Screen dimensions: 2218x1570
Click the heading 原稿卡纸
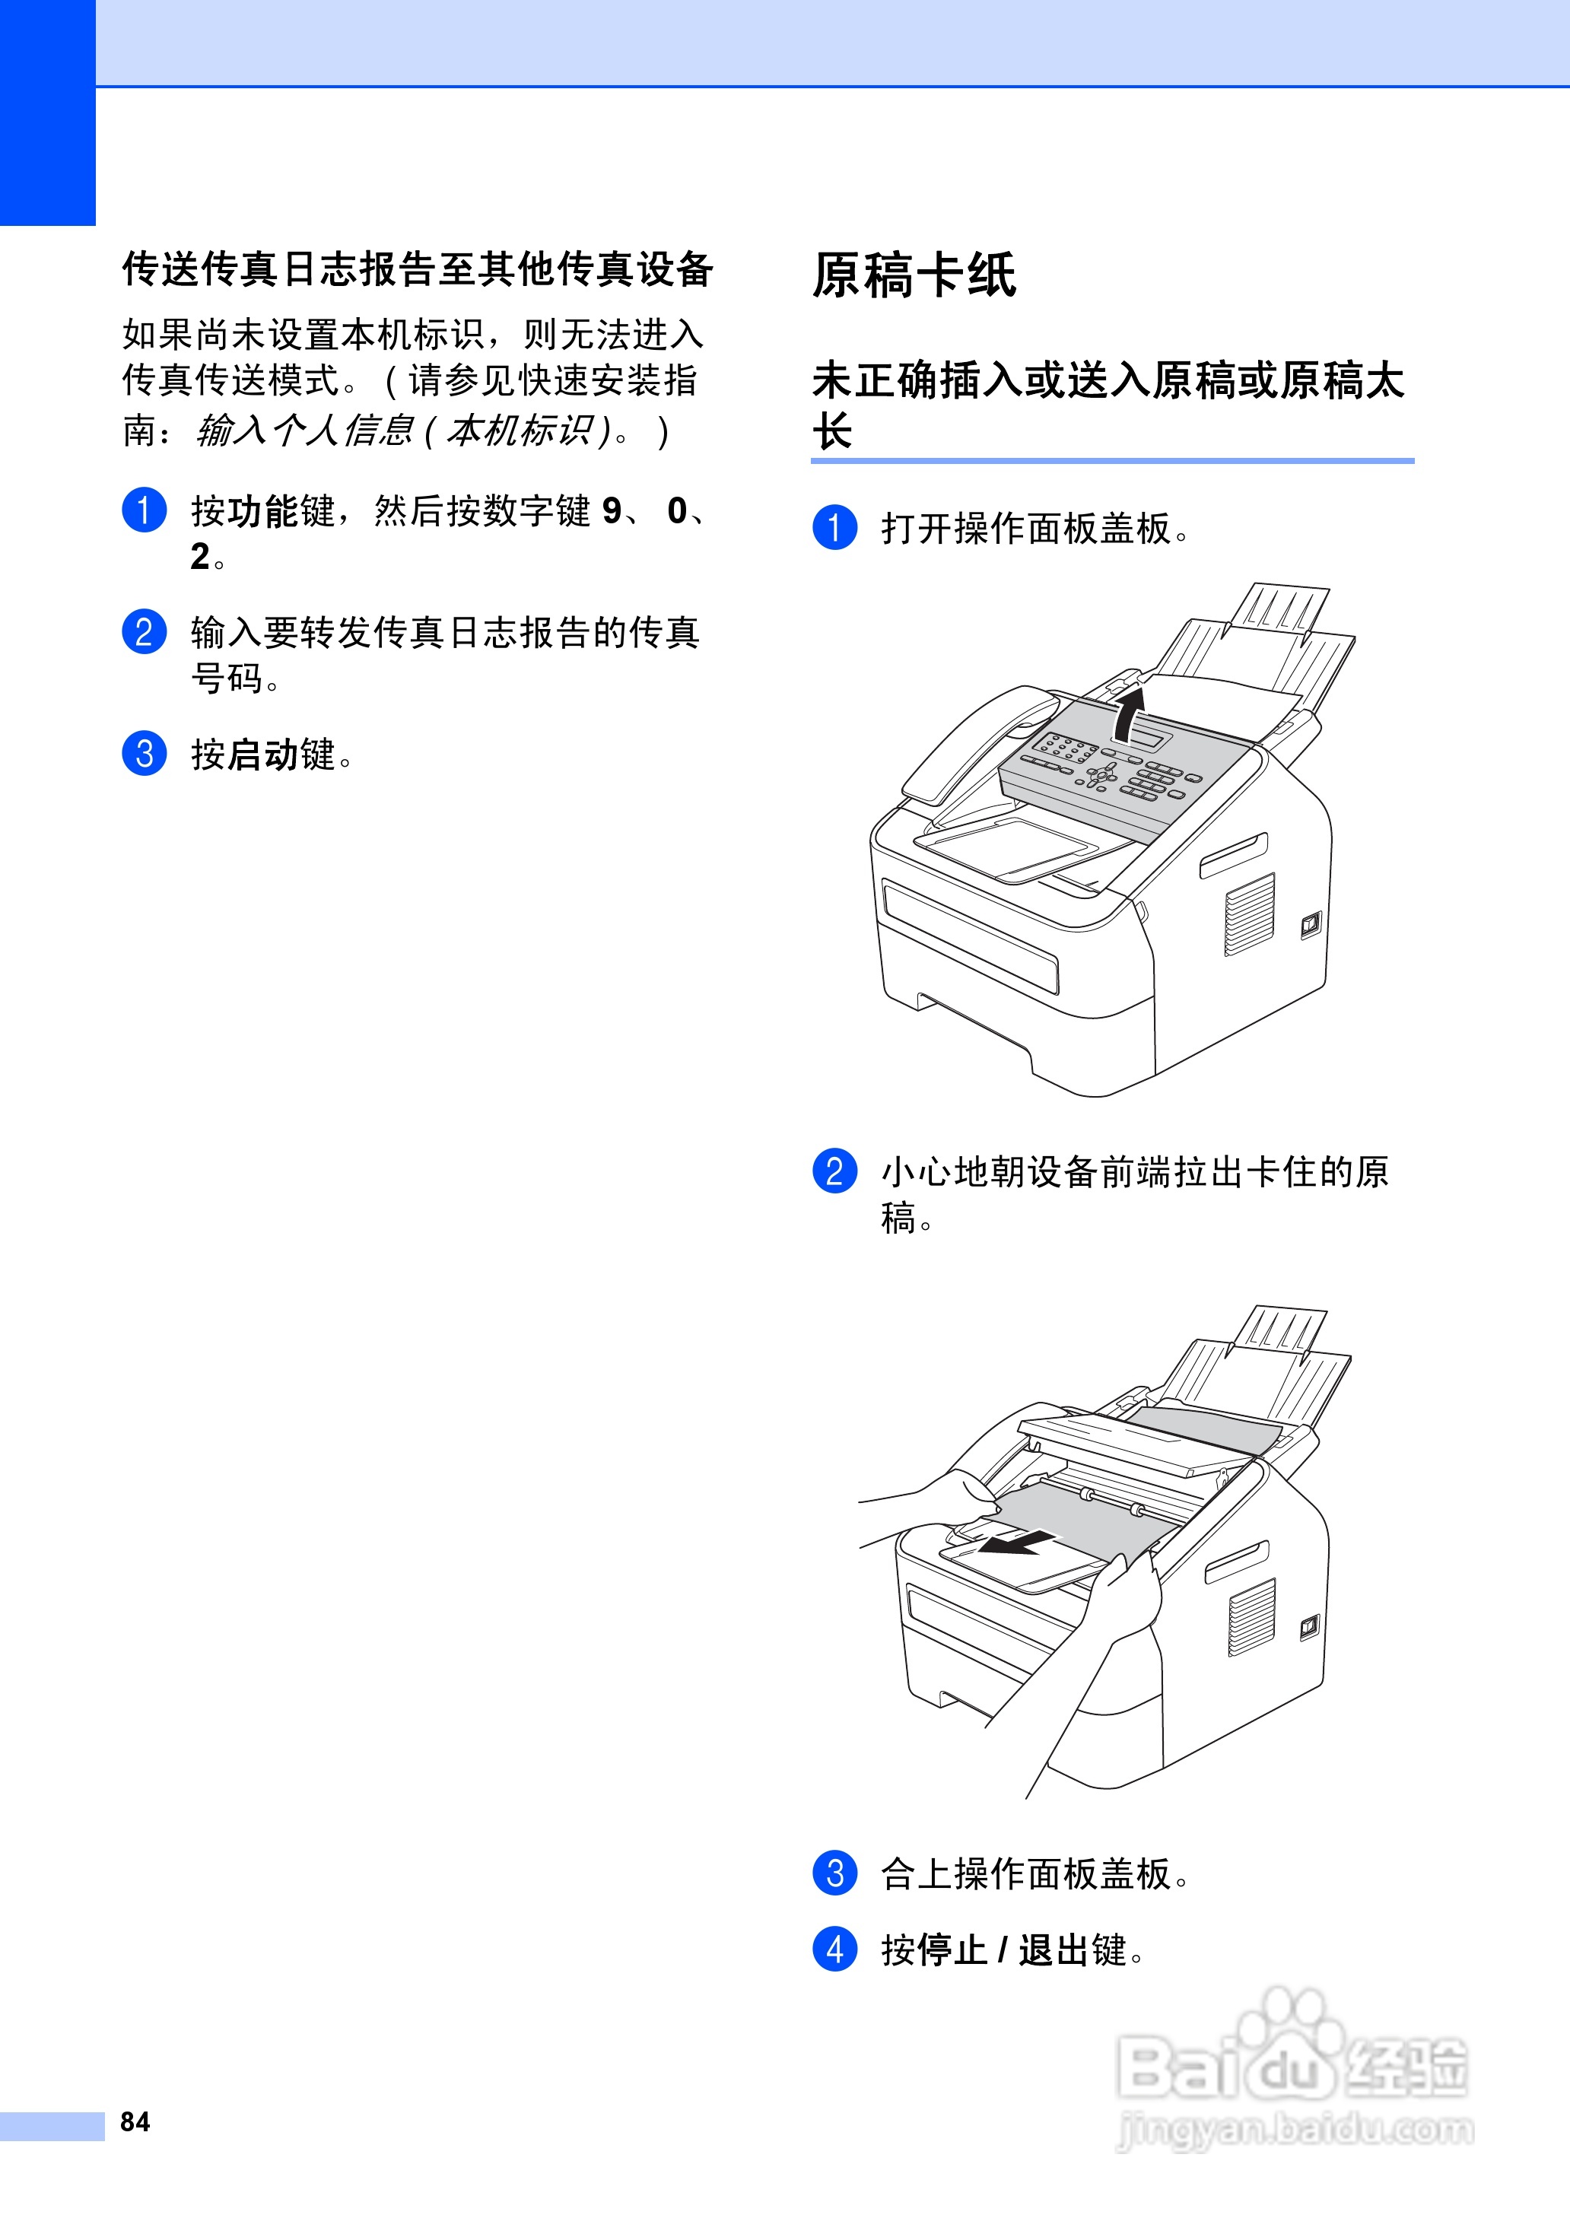click(914, 275)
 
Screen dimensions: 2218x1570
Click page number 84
click(135, 2121)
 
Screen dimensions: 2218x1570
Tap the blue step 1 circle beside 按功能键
click(144, 510)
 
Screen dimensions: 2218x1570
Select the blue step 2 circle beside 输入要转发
click(144, 632)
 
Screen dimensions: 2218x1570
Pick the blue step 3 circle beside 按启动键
click(144, 754)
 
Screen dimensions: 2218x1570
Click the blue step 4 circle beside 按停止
click(834, 1949)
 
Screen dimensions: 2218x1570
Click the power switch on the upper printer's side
click(1310, 925)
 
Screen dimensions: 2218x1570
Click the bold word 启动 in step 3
click(263, 755)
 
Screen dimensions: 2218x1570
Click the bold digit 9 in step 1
click(611, 510)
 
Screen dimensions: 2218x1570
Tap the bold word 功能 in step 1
click(263, 511)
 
